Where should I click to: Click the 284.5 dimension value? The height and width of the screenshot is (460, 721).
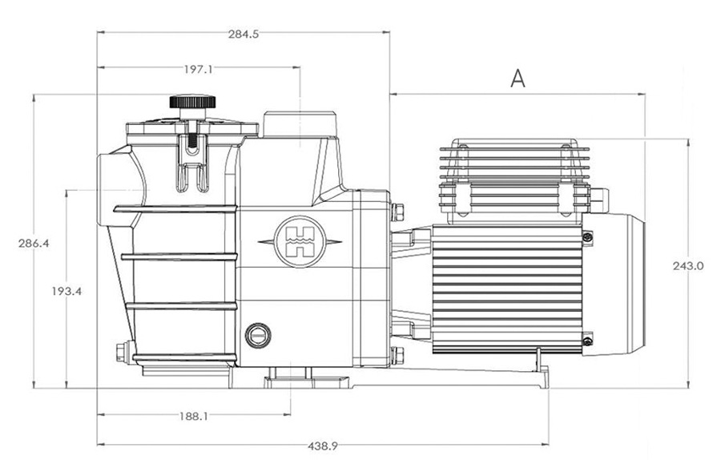[x=242, y=34]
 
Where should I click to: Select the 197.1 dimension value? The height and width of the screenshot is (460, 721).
[x=198, y=70]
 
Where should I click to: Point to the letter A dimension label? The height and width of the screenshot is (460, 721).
[x=518, y=79]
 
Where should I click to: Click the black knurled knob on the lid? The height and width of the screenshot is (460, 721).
[x=192, y=103]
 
